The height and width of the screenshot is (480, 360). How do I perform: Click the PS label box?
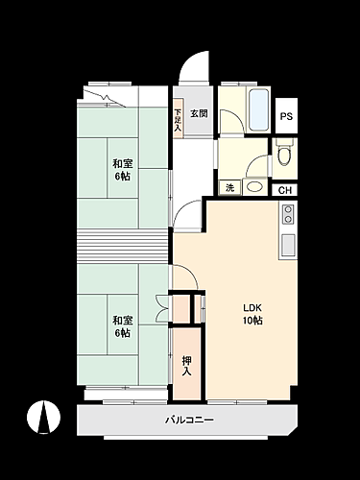(x=286, y=116)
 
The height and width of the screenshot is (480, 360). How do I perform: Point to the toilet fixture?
(x=284, y=155)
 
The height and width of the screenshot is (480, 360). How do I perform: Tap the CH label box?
(x=285, y=190)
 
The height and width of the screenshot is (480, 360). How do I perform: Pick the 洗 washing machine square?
(x=229, y=188)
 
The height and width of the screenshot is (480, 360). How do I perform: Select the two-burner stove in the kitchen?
(x=288, y=219)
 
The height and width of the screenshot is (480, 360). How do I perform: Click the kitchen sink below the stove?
(x=288, y=244)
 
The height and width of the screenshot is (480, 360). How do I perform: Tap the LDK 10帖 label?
(x=252, y=314)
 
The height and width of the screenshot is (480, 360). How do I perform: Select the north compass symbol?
(x=42, y=418)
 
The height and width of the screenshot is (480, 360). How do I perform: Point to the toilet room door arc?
(x=256, y=165)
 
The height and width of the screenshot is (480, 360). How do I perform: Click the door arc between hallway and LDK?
(x=189, y=213)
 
